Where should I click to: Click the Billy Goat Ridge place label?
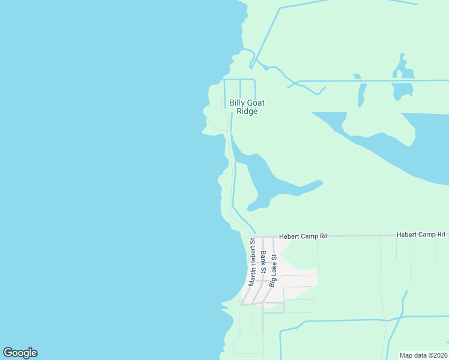[x=247, y=107]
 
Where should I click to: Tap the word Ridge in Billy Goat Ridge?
[x=247, y=112]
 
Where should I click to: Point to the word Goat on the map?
[x=256, y=103]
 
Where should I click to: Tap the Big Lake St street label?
[x=273, y=270]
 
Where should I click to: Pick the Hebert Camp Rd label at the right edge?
[x=421, y=235]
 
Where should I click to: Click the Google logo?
[x=20, y=353]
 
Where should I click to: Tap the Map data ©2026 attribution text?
[x=424, y=355]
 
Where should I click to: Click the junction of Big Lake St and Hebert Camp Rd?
[x=274, y=237]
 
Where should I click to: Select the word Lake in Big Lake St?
[x=273, y=268]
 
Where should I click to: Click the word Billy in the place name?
[x=237, y=103]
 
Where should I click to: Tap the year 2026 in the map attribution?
[x=439, y=355]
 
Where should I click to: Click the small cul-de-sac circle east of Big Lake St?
[x=312, y=299]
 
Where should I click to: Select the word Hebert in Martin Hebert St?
[x=253, y=252]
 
